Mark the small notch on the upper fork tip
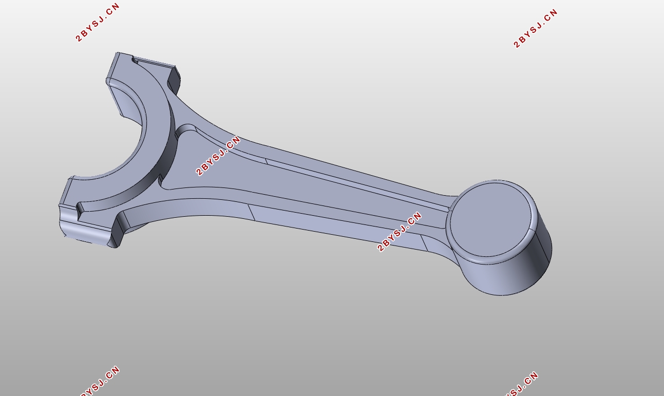(x=135, y=61)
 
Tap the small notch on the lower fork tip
(x=80, y=208)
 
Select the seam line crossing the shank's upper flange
(x=267, y=161)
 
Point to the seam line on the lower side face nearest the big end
(x=252, y=212)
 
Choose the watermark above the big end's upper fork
(x=98, y=22)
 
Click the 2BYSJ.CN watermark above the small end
(x=536, y=28)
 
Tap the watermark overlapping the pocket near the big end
(x=218, y=156)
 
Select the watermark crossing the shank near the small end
(x=400, y=232)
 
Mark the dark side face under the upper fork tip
(x=174, y=80)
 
